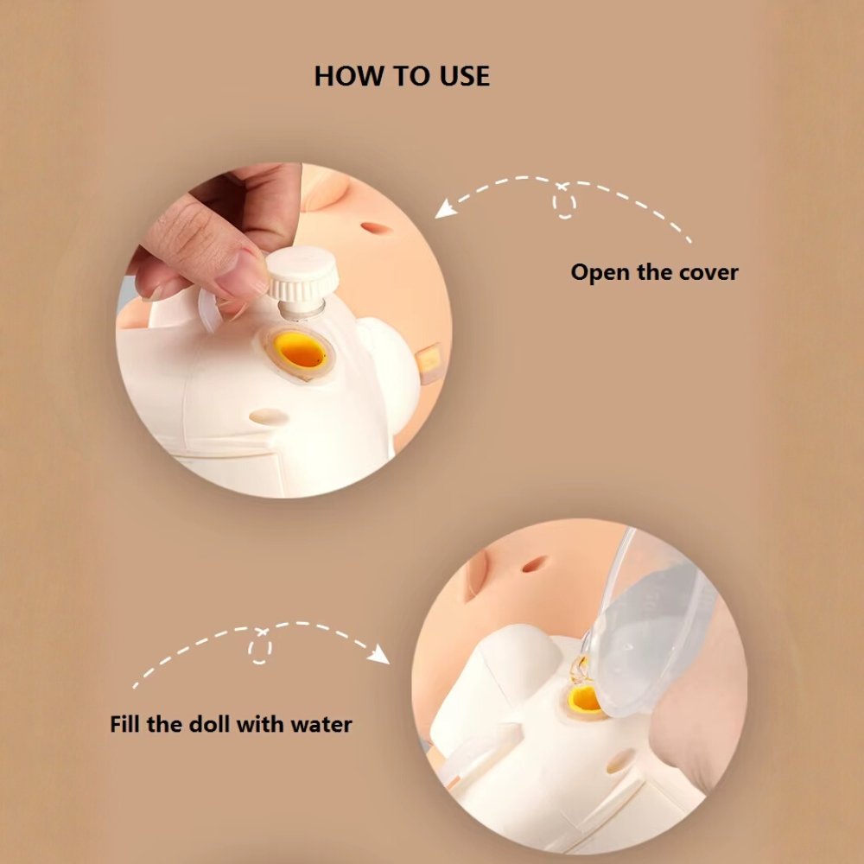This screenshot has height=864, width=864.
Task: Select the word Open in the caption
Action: [x=600, y=272]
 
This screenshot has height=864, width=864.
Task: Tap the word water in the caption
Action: [x=321, y=723]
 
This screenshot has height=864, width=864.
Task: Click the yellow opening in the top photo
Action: [x=301, y=351]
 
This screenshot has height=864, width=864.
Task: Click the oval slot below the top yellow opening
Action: [x=269, y=416]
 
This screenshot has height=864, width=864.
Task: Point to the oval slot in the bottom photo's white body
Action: [x=620, y=760]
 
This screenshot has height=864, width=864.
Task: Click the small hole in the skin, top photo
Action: [x=376, y=229]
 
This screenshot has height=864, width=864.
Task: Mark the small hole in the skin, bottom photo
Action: [x=534, y=564]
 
